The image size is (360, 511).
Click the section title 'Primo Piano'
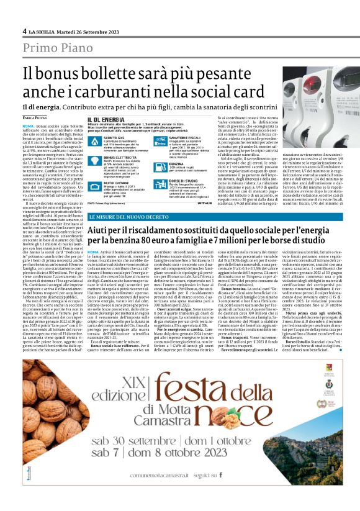(55, 48)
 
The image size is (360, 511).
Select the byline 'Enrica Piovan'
(37, 117)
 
